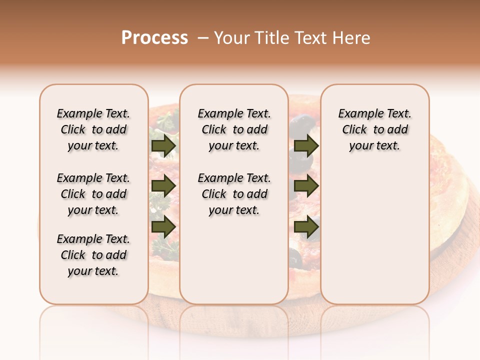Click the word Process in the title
coord(154,38)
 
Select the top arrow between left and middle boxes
coord(163,146)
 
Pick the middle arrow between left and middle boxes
coord(163,186)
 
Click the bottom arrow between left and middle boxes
coord(163,226)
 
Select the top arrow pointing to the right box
coord(306,146)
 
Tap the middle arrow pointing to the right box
coord(306,186)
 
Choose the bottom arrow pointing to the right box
coord(306,226)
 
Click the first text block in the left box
coord(93,129)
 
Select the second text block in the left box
coord(93,194)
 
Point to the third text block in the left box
coord(93,255)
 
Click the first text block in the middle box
coord(234,129)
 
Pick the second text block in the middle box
coord(234,194)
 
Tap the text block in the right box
coord(374,129)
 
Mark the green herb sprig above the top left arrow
coord(165,122)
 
